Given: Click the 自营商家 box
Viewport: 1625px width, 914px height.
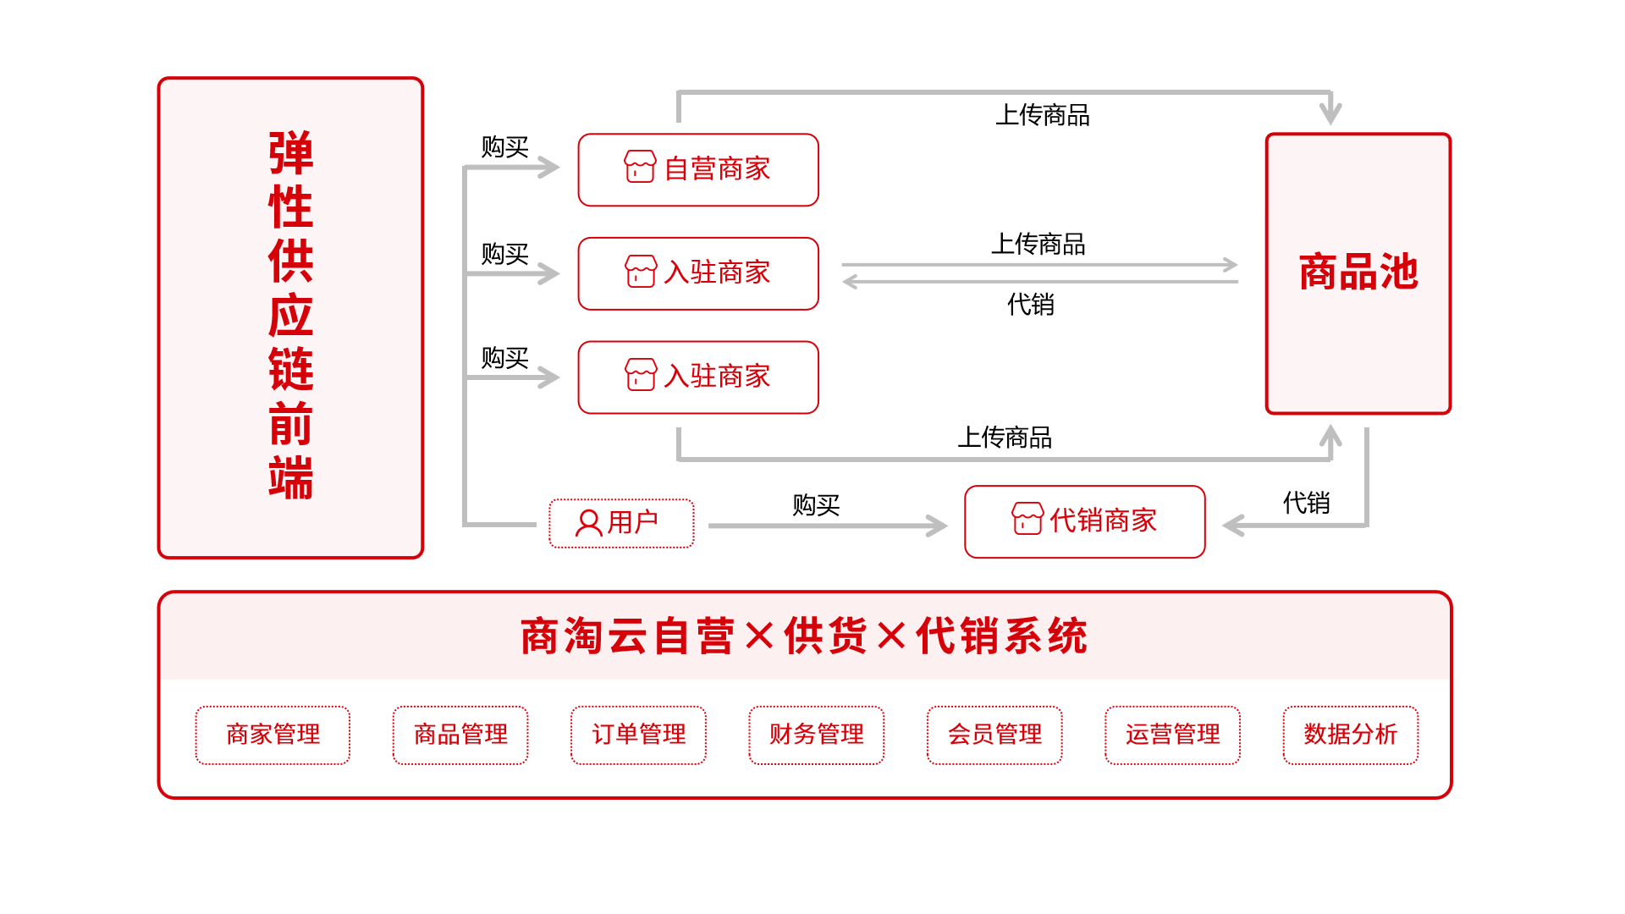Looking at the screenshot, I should pyautogui.click(x=698, y=169).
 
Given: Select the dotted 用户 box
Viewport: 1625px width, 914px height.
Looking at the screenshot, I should pyautogui.click(x=621, y=523).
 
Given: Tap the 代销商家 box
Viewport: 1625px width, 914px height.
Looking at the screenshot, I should pyautogui.click(x=1084, y=521).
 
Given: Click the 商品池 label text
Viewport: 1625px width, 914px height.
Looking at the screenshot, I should pyautogui.click(x=1358, y=273).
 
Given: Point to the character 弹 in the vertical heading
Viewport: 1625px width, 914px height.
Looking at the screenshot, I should pyautogui.click(x=290, y=153).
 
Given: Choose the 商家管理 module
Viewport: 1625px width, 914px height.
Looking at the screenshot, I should pyautogui.click(x=273, y=735).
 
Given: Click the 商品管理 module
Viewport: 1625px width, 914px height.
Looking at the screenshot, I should pyautogui.click(x=460, y=735).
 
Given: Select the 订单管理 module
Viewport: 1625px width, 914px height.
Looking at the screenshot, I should pyautogui.click(x=638, y=735).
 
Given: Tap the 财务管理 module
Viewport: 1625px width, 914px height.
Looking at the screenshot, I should pyautogui.click(x=816, y=735).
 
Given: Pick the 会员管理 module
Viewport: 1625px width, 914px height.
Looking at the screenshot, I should pyautogui.click(x=994, y=735).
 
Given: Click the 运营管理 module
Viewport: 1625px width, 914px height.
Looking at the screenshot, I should pyautogui.click(x=1172, y=735).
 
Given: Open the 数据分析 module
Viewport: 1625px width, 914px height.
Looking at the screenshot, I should pyautogui.click(x=1350, y=735).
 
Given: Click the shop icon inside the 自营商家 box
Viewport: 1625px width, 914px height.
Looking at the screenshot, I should pyautogui.click(x=640, y=167).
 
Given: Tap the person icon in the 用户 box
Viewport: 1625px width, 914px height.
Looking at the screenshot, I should pyautogui.click(x=588, y=523).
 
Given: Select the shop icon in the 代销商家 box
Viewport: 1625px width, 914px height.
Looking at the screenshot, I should pyautogui.click(x=1027, y=518).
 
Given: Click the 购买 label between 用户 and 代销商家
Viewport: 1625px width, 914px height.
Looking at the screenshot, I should pyautogui.click(x=816, y=505).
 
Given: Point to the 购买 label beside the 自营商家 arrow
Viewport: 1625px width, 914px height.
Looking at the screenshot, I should pyautogui.click(x=504, y=147).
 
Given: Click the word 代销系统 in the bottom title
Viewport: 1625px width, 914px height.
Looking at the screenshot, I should pyautogui.click(x=1002, y=636).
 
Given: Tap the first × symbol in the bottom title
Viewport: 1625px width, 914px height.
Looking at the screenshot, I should pyautogui.click(x=759, y=636).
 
